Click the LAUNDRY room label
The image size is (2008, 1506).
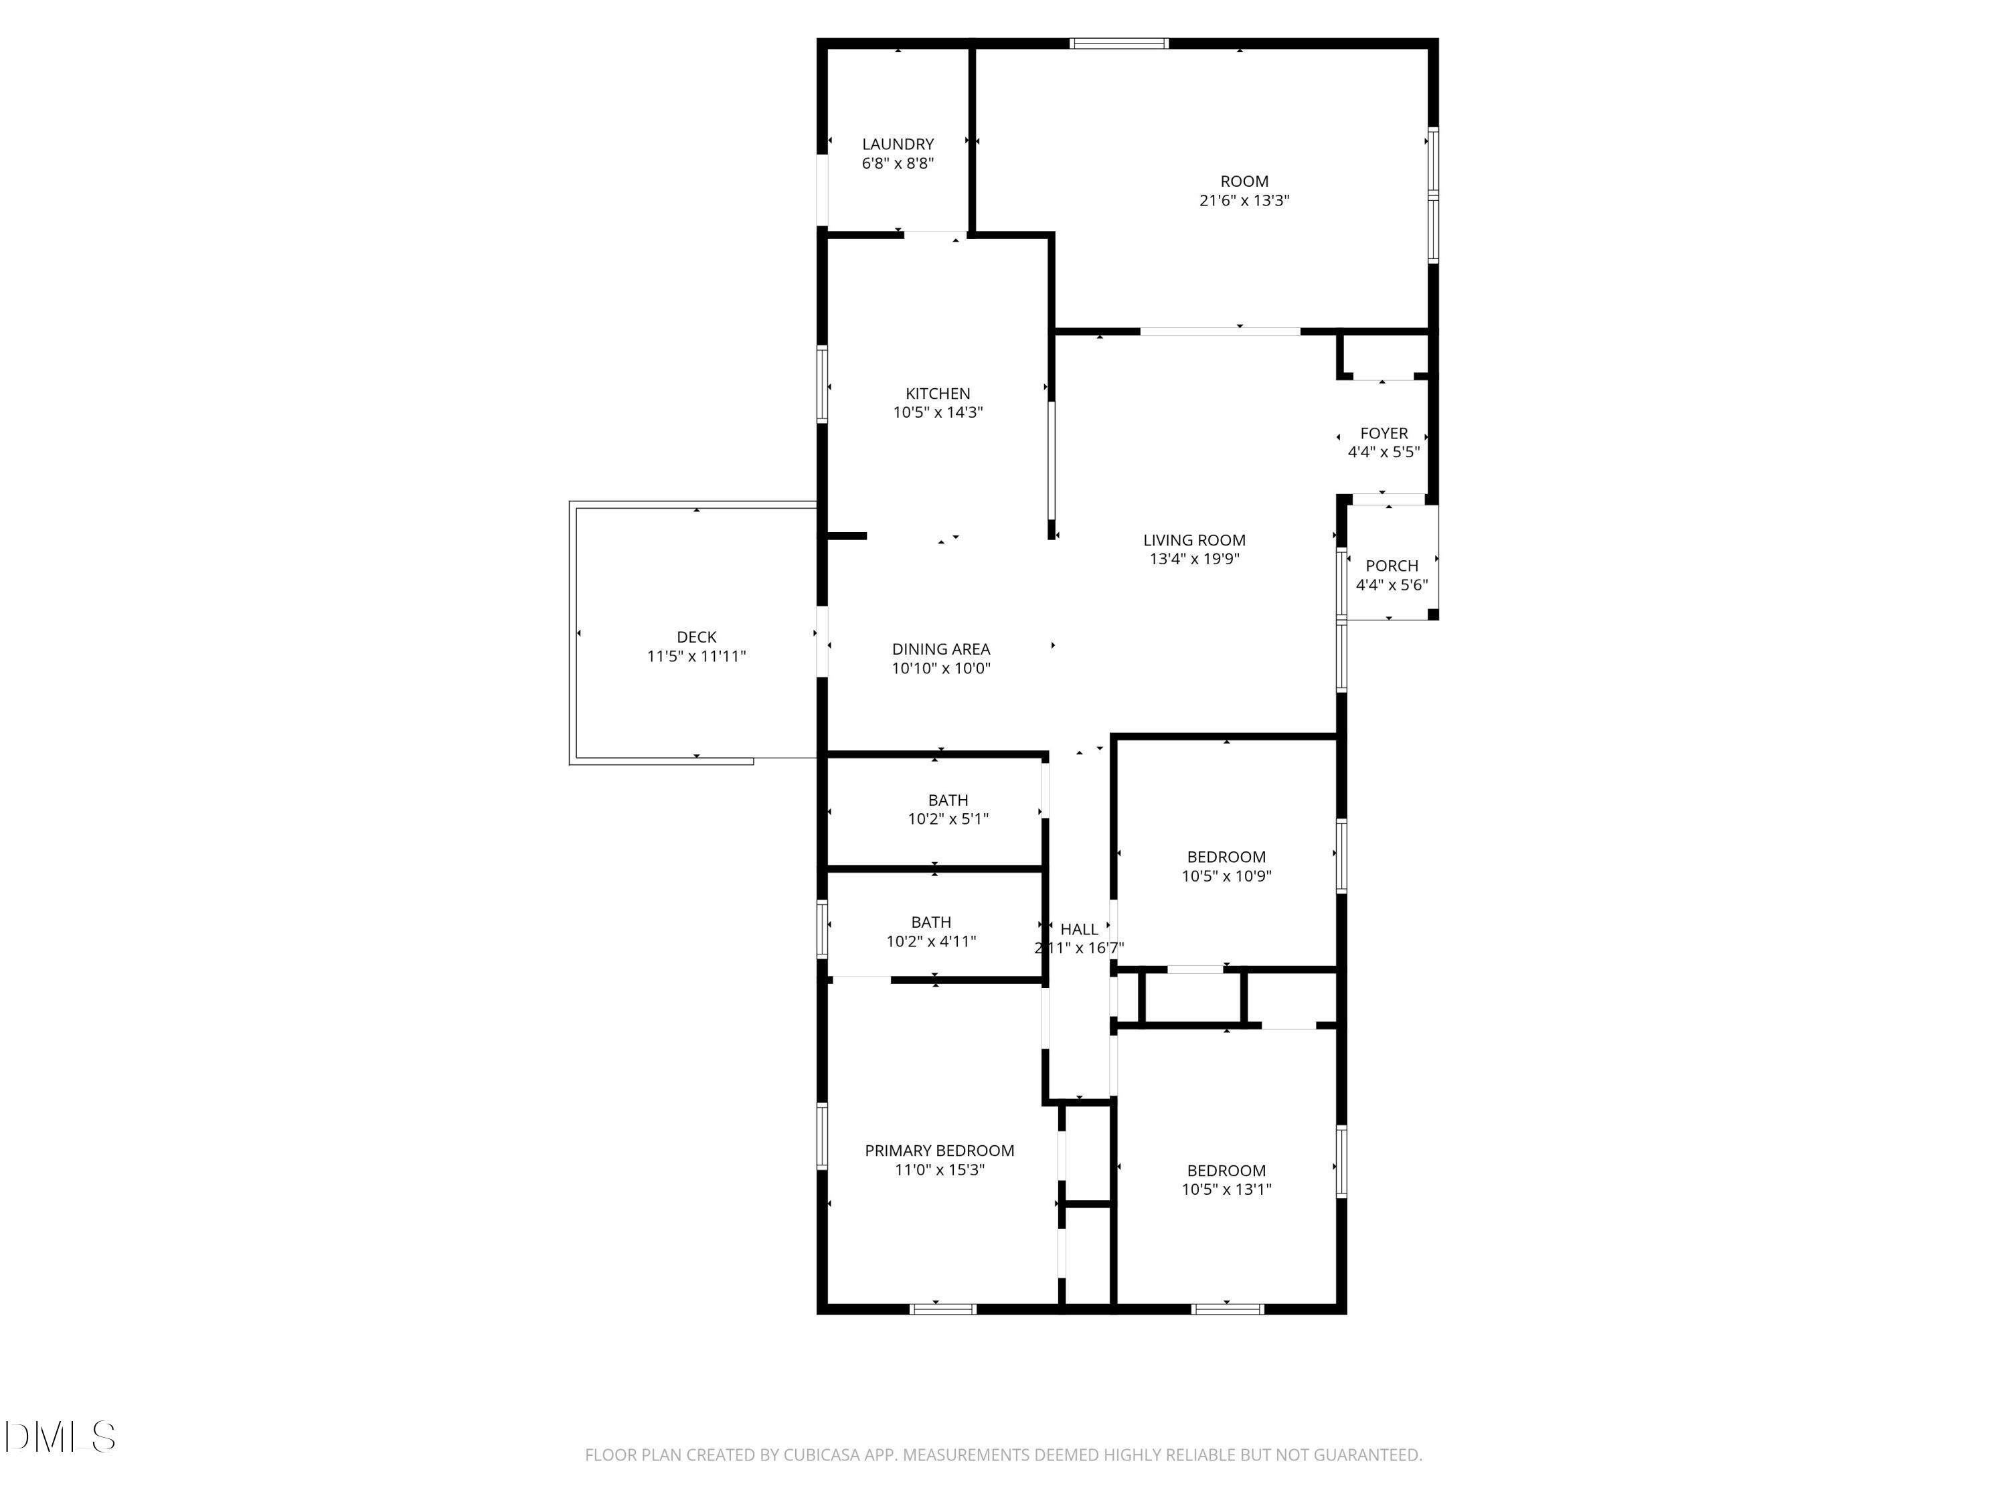[x=897, y=143]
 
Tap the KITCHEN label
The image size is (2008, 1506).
[x=937, y=393]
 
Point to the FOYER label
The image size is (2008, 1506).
[x=1384, y=433]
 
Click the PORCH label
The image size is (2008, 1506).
[x=1391, y=566]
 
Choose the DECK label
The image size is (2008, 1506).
[x=696, y=637]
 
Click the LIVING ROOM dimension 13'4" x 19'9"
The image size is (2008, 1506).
[x=1193, y=559]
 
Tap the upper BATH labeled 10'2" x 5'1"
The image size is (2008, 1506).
[x=947, y=800]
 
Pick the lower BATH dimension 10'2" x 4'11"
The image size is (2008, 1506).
[x=932, y=941]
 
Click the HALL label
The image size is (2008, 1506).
[x=1078, y=928]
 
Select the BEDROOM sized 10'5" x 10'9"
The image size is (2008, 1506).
[x=1226, y=857]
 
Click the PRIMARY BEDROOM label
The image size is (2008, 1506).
[x=938, y=1150]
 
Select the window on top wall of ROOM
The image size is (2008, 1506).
[x=1118, y=43]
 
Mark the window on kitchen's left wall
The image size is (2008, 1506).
[x=823, y=384]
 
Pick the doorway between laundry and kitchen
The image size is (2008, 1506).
[x=934, y=235]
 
